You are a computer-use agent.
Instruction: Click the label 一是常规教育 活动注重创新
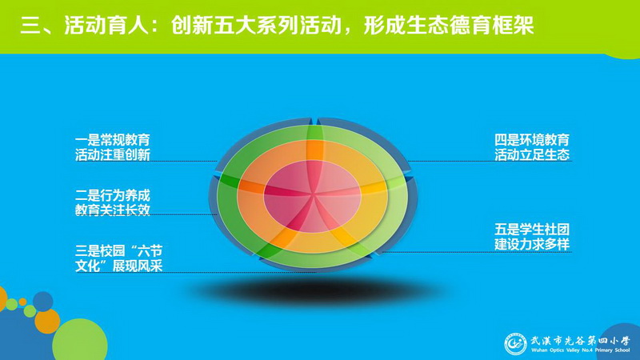click(113, 147)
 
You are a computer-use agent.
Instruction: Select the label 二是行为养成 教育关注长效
click(113, 202)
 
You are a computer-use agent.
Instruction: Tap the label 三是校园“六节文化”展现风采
click(118, 258)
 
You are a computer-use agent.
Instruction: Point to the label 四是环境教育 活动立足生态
click(532, 147)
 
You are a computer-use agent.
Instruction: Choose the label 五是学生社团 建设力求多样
click(532, 237)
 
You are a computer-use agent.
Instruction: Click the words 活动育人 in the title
click(106, 26)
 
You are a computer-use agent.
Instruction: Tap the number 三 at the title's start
click(30, 26)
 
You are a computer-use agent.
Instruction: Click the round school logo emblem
click(515, 344)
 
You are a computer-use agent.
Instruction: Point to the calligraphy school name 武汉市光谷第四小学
click(580, 341)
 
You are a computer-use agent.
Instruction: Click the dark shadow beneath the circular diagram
click(314, 290)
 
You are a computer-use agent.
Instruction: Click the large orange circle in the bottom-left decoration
click(47, 322)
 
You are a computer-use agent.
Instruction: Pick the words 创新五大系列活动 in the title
click(256, 26)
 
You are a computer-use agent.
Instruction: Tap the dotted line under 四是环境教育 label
click(489, 162)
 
